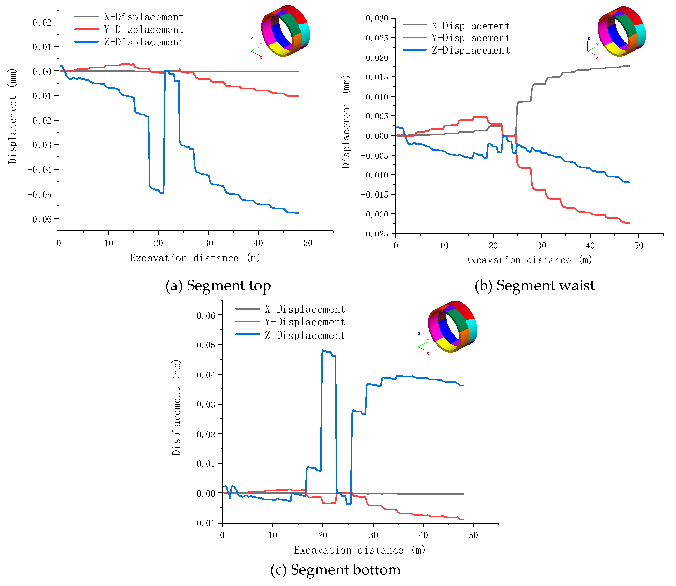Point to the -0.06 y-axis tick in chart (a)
40,219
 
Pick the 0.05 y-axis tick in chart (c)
206,345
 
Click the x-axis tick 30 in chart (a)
209,243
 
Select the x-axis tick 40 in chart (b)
590,246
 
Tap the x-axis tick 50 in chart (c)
473,535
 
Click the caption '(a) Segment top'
218,285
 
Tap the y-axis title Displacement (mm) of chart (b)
346,122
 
